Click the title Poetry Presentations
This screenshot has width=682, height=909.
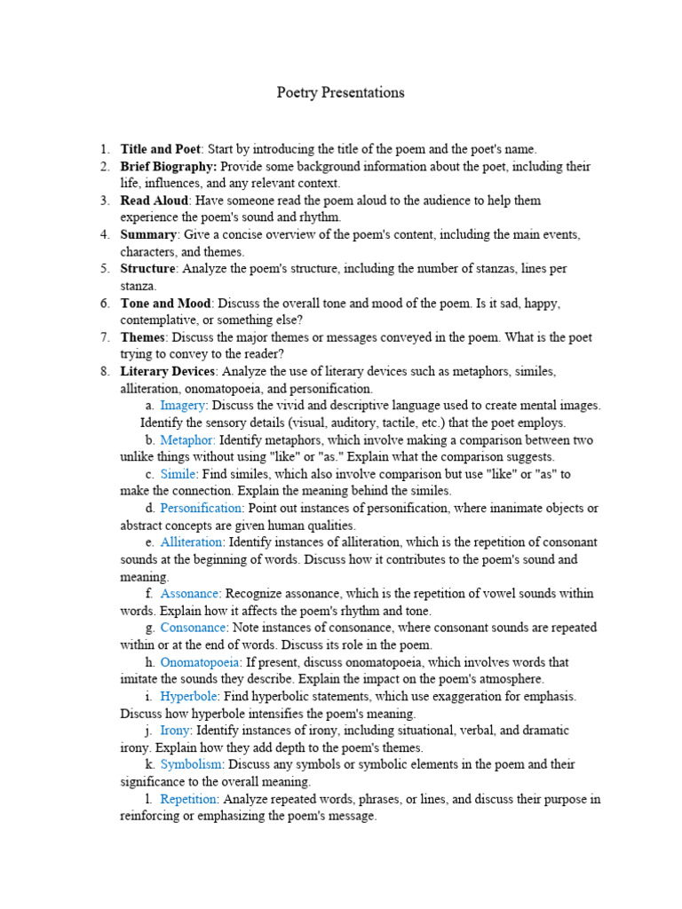340,92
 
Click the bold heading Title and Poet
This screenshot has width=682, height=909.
161,149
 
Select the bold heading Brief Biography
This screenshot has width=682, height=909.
168,166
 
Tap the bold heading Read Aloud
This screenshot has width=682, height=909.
155,201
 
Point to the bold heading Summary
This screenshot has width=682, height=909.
149,234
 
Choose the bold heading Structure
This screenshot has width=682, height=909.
147,268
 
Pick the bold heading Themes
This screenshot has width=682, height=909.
142,337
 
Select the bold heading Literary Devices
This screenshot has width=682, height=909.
167,371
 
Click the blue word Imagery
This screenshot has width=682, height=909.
182,406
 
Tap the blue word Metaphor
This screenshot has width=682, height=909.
187,439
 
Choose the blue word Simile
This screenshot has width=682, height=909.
178,474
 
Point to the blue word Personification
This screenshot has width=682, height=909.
201,508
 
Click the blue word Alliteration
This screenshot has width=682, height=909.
192,541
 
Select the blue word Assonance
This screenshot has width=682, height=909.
190,593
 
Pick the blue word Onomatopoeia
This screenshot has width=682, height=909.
200,662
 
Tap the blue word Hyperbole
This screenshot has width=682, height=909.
188,696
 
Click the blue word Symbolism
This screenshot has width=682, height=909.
191,764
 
